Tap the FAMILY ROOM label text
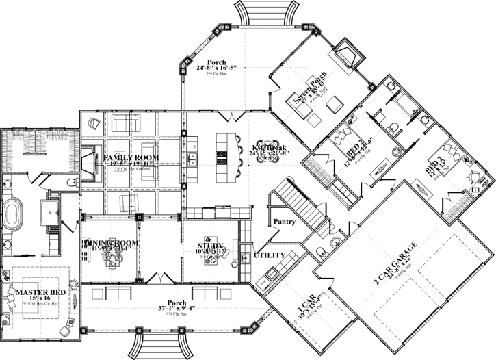[x=131, y=157]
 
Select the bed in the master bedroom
[x=27, y=301]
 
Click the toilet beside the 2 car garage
[x=335, y=243]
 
